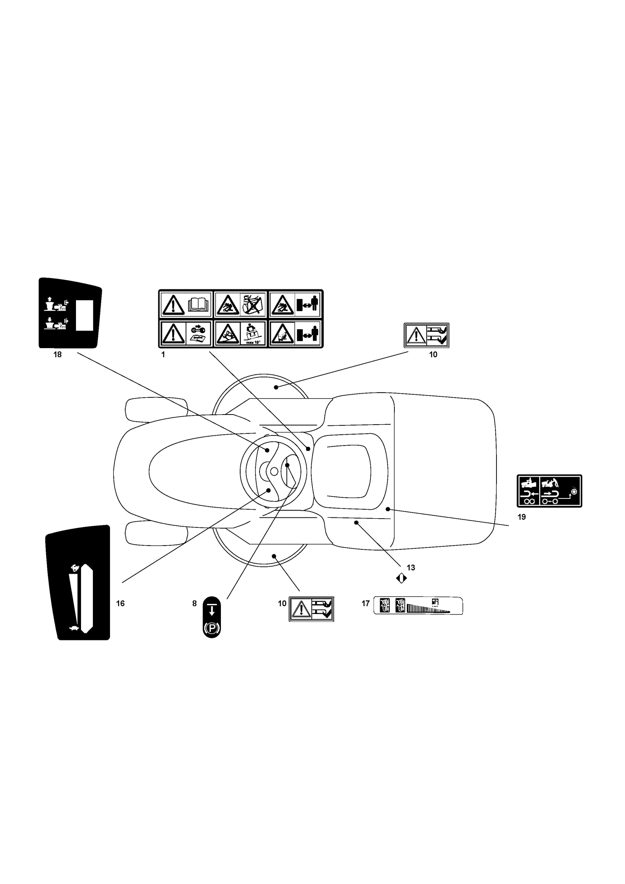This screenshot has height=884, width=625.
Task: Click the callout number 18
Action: [57, 354]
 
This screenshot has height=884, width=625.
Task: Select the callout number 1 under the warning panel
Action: [163, 354]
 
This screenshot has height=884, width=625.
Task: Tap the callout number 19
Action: [522, 517]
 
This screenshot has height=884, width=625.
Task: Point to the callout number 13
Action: [411, 568]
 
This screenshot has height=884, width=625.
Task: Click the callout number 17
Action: [365, 603]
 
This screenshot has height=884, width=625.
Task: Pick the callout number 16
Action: [120, 603]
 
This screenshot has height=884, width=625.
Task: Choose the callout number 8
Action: [194, 603]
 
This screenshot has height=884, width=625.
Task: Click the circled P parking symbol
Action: [212, 628]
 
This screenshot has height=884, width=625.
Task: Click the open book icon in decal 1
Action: [199, 304]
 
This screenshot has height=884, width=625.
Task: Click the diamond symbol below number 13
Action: [401, 578]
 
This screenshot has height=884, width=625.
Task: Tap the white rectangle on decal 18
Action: [84, 315]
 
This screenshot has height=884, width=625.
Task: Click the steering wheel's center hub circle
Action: [274, 472]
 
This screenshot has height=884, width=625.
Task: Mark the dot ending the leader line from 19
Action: [388, 509]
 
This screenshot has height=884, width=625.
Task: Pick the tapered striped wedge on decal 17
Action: [428, 608]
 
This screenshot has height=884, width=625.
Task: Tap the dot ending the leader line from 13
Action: [356, 522]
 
